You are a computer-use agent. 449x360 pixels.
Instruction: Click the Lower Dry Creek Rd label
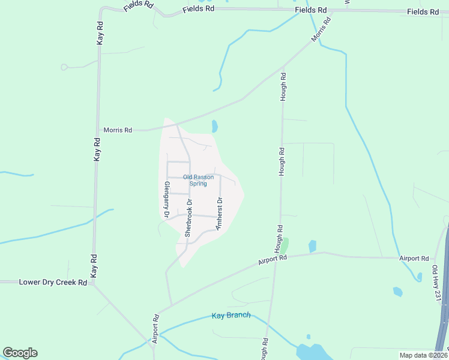pos(53,282)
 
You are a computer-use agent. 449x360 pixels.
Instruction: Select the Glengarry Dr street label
pos(166,199)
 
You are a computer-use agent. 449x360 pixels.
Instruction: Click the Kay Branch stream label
pos(231,316)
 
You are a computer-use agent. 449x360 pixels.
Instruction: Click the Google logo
pos(20,353)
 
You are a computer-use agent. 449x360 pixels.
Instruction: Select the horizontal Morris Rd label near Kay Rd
pos(118,130)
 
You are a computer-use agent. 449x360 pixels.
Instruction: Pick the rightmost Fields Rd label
pos(423,12)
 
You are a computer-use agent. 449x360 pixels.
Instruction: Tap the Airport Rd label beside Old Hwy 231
pos(414,259)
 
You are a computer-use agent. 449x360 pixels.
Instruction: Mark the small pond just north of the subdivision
pos(214,127)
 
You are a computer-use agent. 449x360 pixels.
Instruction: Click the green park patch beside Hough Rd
pos(286,245)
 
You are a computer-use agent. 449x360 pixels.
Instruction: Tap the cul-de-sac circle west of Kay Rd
pos(64,67)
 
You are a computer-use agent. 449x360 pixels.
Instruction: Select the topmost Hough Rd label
pos(283,87)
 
